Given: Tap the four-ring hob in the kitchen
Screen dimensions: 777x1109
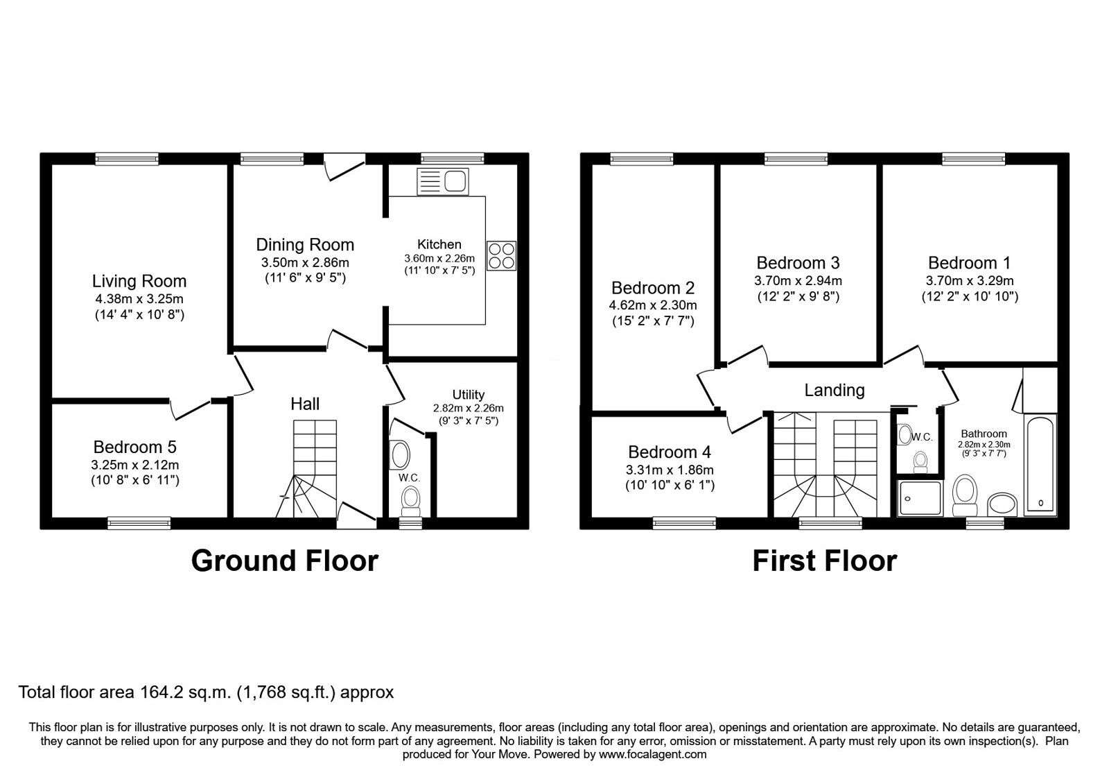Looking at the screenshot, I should click(501, 254).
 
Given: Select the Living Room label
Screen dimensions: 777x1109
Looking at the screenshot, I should click(139, 281).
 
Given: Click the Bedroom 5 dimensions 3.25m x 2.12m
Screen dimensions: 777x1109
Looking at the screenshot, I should click(136, 465).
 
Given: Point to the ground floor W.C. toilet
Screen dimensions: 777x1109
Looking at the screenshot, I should click(411, 499).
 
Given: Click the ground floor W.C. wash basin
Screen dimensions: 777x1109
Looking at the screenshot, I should click(400, 454).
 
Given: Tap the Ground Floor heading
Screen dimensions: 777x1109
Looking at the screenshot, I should click(284, 561).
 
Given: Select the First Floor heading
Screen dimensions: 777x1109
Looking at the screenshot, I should click(824, 561).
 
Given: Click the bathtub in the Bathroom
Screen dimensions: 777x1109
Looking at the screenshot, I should click(1040, 465).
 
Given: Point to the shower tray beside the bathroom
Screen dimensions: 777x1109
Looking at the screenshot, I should click(920, 498).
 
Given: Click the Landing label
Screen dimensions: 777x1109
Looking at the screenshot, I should click(834, 390).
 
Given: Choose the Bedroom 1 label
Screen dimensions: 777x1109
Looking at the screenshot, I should click(969, 263).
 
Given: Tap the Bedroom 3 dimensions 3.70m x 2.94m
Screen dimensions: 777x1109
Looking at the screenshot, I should click(798, 281).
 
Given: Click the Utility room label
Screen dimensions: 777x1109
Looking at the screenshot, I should click(469, 395).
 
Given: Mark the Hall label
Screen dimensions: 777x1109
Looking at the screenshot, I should click(305, 404).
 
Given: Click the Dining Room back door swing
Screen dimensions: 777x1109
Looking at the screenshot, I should click(344, 169).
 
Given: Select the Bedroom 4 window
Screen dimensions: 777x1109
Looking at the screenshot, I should click(684, 522).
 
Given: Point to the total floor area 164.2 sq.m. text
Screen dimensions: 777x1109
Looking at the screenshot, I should click(206, 692).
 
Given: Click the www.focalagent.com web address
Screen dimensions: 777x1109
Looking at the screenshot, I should click(652, 754).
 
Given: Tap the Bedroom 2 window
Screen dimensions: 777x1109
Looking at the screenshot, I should click(642, 159).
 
